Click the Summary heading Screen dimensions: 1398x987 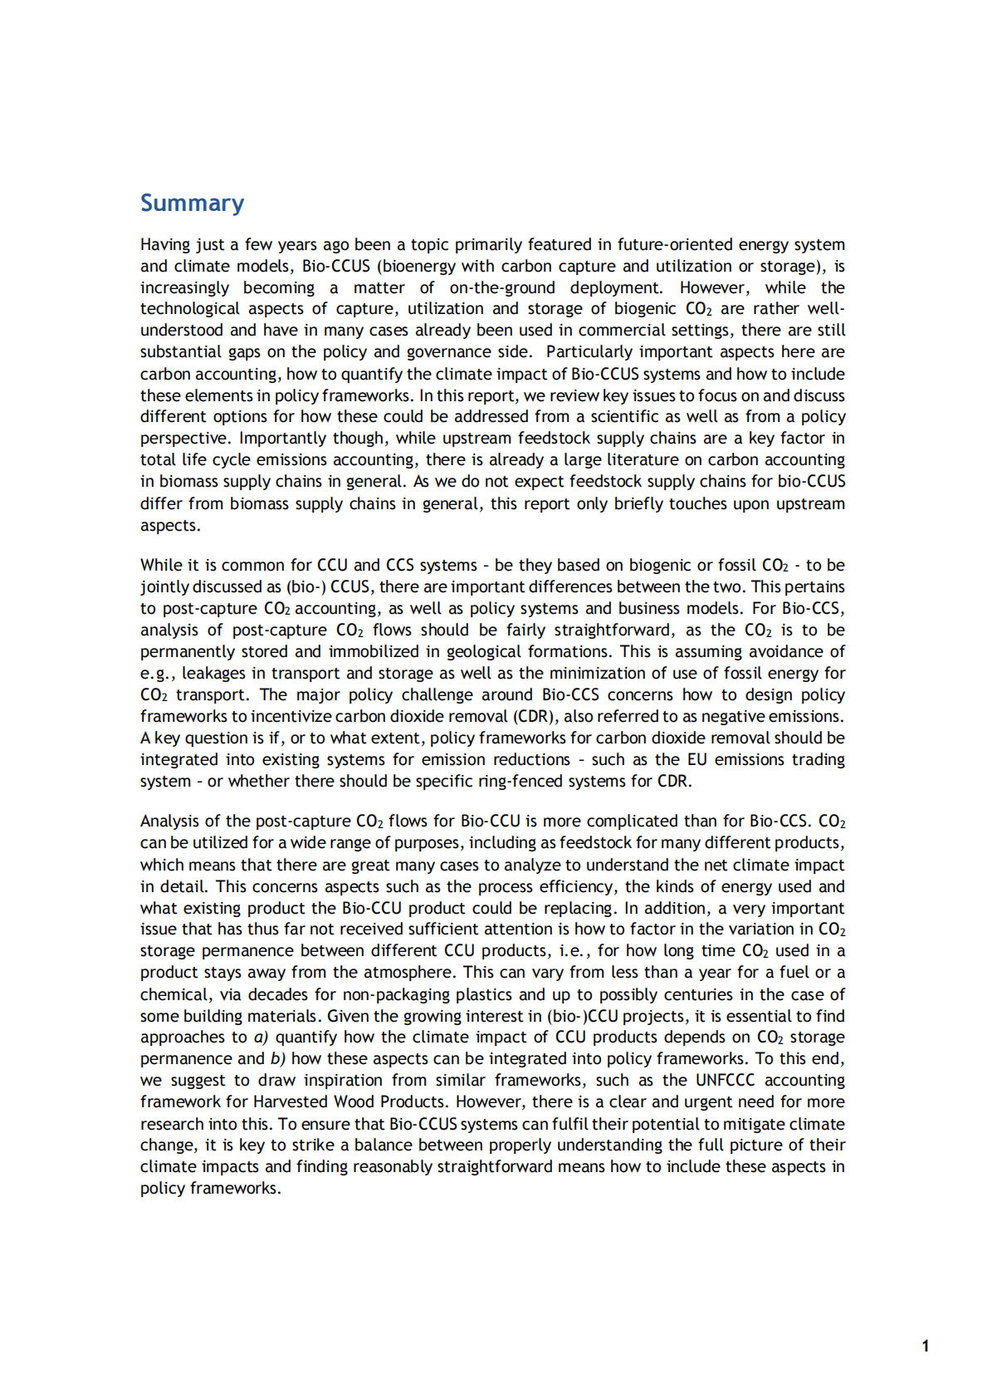192,204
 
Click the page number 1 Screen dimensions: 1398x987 926,1346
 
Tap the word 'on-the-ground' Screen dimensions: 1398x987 502,288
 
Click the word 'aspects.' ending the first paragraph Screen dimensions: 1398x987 170,526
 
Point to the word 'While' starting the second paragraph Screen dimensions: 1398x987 159,566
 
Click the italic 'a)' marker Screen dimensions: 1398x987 261,1037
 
